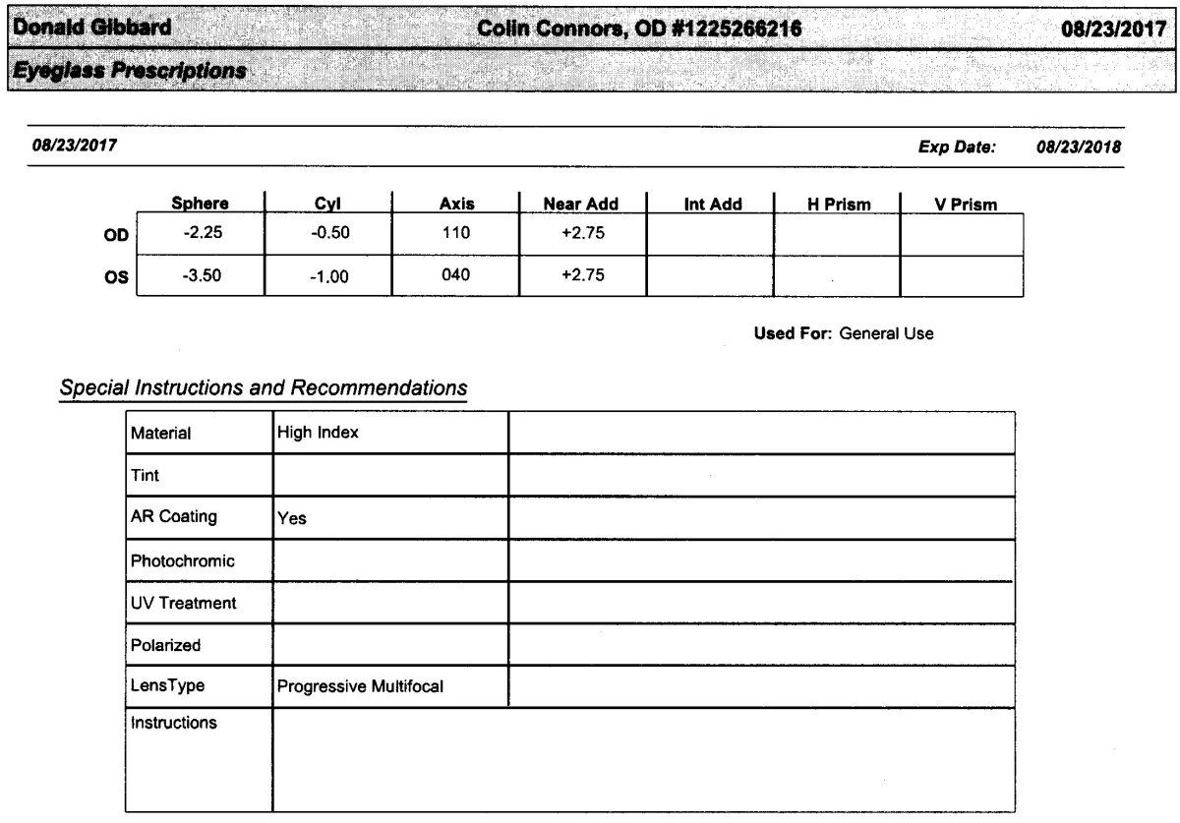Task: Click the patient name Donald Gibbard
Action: coord(89,29)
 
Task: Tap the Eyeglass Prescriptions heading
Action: coord(128,72)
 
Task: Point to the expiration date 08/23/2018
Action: coord(1079,147)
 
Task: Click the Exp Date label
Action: coord(956,147)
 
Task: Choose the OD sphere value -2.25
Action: coord(202,234)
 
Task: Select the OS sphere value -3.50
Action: coord(202,276)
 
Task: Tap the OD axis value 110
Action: coord(456,234)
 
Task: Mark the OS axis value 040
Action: coord(456,276)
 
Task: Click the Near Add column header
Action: coord(581,205)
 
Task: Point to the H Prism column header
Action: coord(839,205)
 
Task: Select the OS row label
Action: coord(116,277)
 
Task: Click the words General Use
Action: coord(886,333)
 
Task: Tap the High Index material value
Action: coord(318,432)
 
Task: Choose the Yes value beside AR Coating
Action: coord(292,518)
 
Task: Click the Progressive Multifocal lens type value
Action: coord(360,686)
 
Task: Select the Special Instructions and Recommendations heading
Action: coord(264,387)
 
